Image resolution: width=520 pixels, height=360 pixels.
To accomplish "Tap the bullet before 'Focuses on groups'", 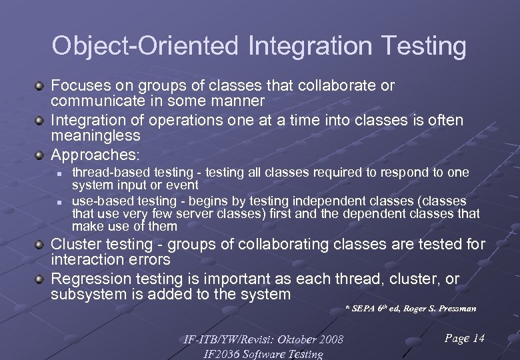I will (41, 86).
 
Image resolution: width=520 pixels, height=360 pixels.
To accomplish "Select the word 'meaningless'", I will (95, 135).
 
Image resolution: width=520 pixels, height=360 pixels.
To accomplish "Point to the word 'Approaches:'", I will (95, 155).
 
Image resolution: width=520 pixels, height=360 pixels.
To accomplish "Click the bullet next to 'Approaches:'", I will (41, 155).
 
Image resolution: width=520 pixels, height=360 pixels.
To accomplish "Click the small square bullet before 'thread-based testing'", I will (59, 173).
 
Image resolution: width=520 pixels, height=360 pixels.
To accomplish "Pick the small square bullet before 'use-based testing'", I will (59, 201).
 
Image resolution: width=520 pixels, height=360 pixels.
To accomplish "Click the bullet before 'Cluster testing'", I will (41, 245).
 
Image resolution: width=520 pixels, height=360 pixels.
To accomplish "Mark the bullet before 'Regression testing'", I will (41, 279).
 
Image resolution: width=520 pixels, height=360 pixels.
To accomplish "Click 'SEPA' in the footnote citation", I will (363, 308).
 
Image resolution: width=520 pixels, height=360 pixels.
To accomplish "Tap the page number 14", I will (478, 339).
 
